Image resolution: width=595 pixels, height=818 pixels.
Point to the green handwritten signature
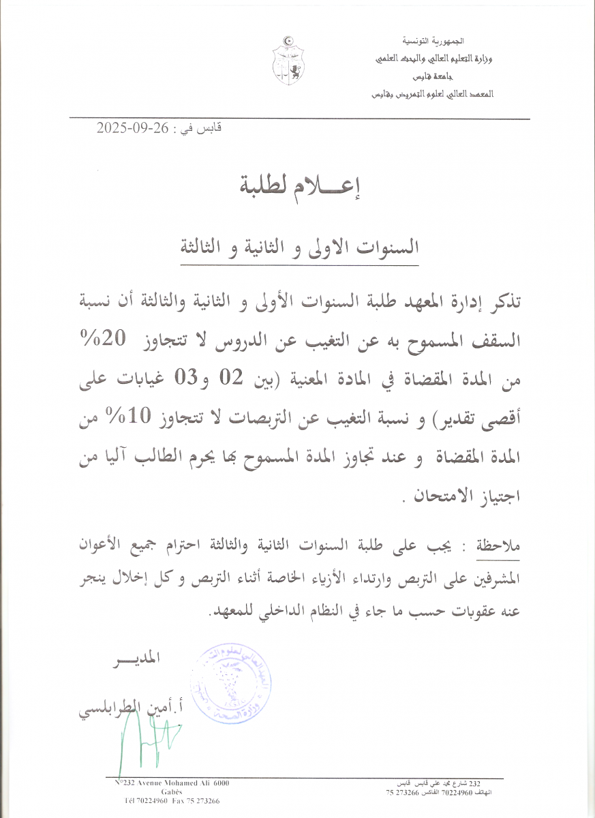pyautogui.click(x=147, y=740)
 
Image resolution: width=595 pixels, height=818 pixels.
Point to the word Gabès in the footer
pyautogui.click(x=172, y=792)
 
